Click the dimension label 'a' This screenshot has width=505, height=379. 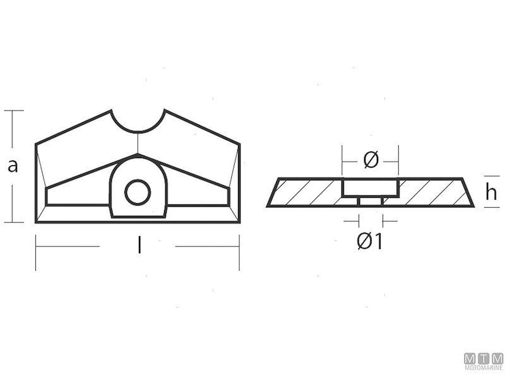click(x=13, y=166)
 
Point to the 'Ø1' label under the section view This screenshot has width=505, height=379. click(x=370, y=241)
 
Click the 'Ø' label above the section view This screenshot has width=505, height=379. click(x=371, y=161)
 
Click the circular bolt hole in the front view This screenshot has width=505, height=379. click(x=137, y=192)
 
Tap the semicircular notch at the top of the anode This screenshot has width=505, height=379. click(x=138, y=120)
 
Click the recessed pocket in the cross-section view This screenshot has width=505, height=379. click(x=370, y=187)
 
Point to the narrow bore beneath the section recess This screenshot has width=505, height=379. click(x=371, y=202)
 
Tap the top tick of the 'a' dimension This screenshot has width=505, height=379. click(x=13, y=111)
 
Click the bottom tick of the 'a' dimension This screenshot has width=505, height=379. click(x=13, y=222)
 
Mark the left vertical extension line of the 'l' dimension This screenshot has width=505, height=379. click(x=35, y=252)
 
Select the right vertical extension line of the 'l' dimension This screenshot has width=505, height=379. click(x=239, y=252)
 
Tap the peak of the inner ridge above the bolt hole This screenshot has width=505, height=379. click(x=137, y=155)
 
